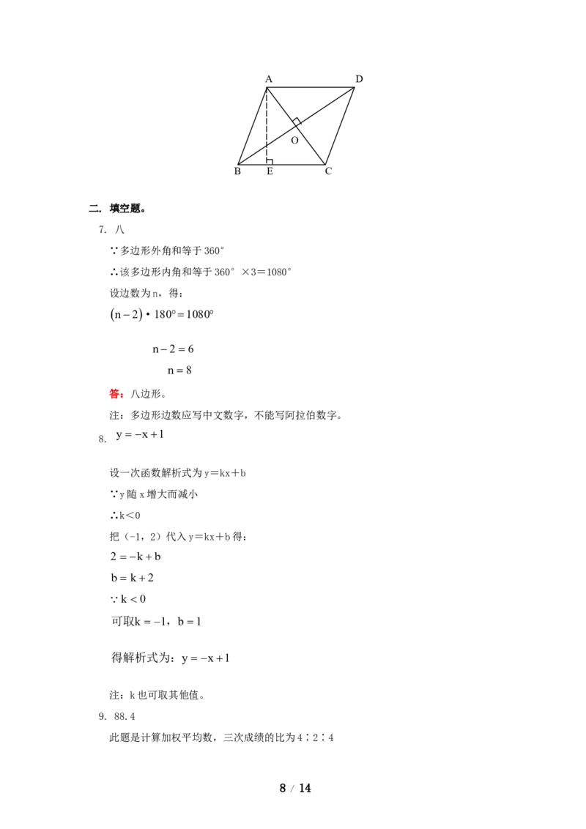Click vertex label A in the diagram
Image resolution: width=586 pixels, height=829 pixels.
tap(269, 79)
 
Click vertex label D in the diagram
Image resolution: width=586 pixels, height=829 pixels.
tap(359, 79)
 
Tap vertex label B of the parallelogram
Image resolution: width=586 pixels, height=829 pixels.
tap(237, 171)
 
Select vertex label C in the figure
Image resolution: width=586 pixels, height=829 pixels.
tap(328, 171)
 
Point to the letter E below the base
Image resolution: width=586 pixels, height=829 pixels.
tap(270, 171)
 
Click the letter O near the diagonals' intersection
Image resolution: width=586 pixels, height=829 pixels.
tap(294, 141)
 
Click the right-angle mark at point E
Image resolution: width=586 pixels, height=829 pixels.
tap(270, 161)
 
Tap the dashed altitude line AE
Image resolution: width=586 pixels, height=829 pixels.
tap(267, 127)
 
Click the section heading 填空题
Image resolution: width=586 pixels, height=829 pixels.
tap(126, 208)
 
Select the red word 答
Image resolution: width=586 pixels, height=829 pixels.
tap(114, 394)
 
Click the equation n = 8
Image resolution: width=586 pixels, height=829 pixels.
tap(179, 371)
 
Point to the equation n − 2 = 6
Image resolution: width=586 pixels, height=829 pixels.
tap(173, 349)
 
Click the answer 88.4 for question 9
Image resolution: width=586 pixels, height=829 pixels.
tap(125, 716)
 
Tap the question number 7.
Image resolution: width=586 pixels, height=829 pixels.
tap(102, 229)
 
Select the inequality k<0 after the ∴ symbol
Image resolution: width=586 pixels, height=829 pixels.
tap(130, 516)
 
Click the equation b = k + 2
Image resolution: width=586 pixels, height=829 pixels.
tap(133, 578)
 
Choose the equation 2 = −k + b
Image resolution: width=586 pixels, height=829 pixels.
tap(136, 557)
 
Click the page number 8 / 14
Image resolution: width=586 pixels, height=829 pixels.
tap(295, 788)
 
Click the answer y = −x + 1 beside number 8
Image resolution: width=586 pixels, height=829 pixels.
tap(140, 434)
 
